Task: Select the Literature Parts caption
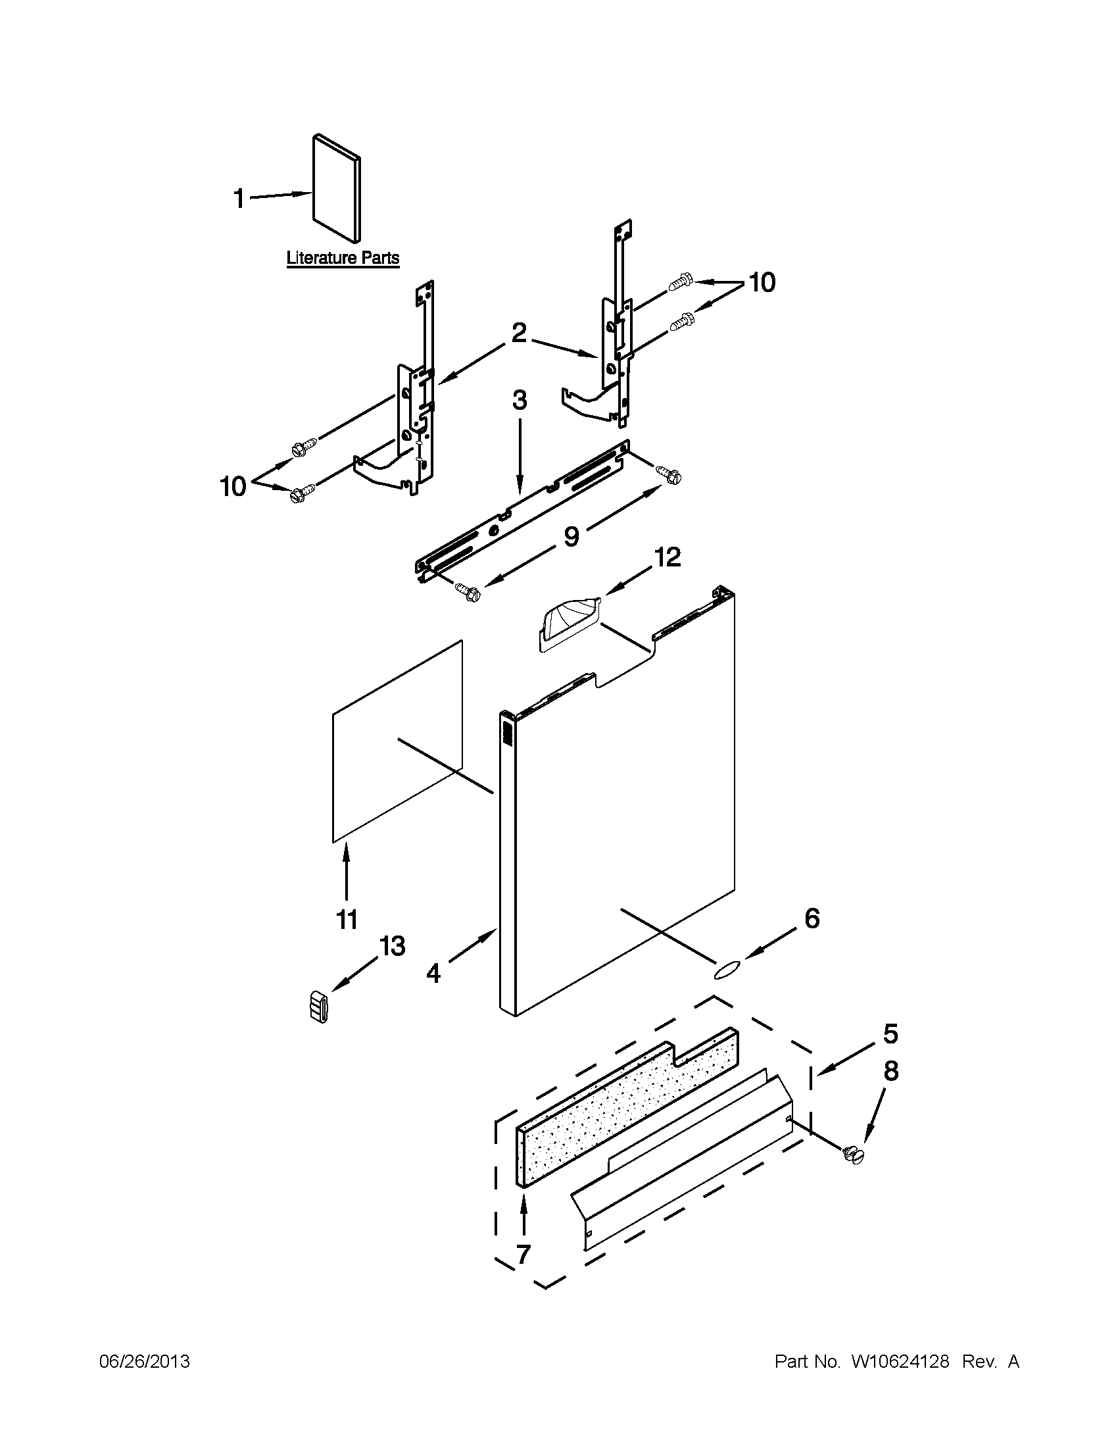tap(343, 258)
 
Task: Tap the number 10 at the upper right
tap(762, 282)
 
